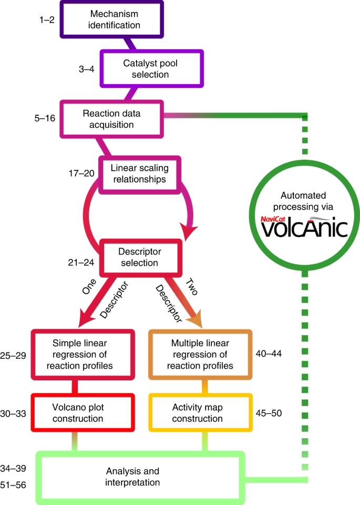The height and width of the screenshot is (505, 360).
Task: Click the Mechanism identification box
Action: pyautogui.click(x=111, y=19)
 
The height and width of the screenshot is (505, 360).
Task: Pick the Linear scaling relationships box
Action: pyautogui.click(x=139, y=173)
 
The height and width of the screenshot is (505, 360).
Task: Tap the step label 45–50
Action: pyautogui.click(x=269, y=413)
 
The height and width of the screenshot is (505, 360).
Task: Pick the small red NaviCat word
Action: pyautogui.click(x=276, y=216)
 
